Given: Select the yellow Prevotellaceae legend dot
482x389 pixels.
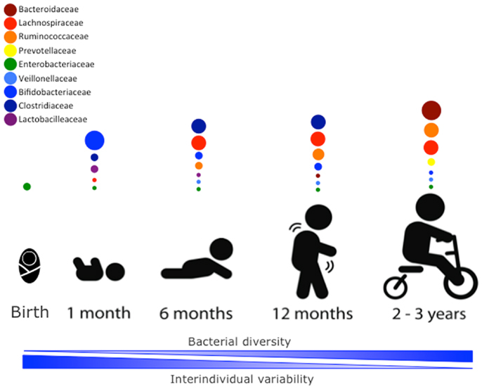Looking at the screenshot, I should tap(10, 51).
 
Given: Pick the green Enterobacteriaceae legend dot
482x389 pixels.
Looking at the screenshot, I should tap(10, 64).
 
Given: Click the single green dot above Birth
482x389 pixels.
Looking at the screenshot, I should tap(27, 186).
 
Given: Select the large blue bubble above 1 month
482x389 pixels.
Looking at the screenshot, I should tap(94, 141).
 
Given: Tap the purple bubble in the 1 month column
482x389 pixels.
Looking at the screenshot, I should tap(94, 169).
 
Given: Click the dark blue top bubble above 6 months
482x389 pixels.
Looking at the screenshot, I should tap(199, 126).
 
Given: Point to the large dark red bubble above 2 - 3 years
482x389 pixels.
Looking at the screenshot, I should tap(431, 110).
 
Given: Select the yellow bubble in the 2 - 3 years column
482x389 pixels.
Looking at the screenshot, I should tap(431, 162).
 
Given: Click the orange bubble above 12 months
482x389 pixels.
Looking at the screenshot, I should tap(318, 154).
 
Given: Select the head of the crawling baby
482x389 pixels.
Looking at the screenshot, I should tap(221, 250).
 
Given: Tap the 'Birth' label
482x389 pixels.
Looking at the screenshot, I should tap(30, 312).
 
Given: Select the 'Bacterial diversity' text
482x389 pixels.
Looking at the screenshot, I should tap(239, 341).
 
